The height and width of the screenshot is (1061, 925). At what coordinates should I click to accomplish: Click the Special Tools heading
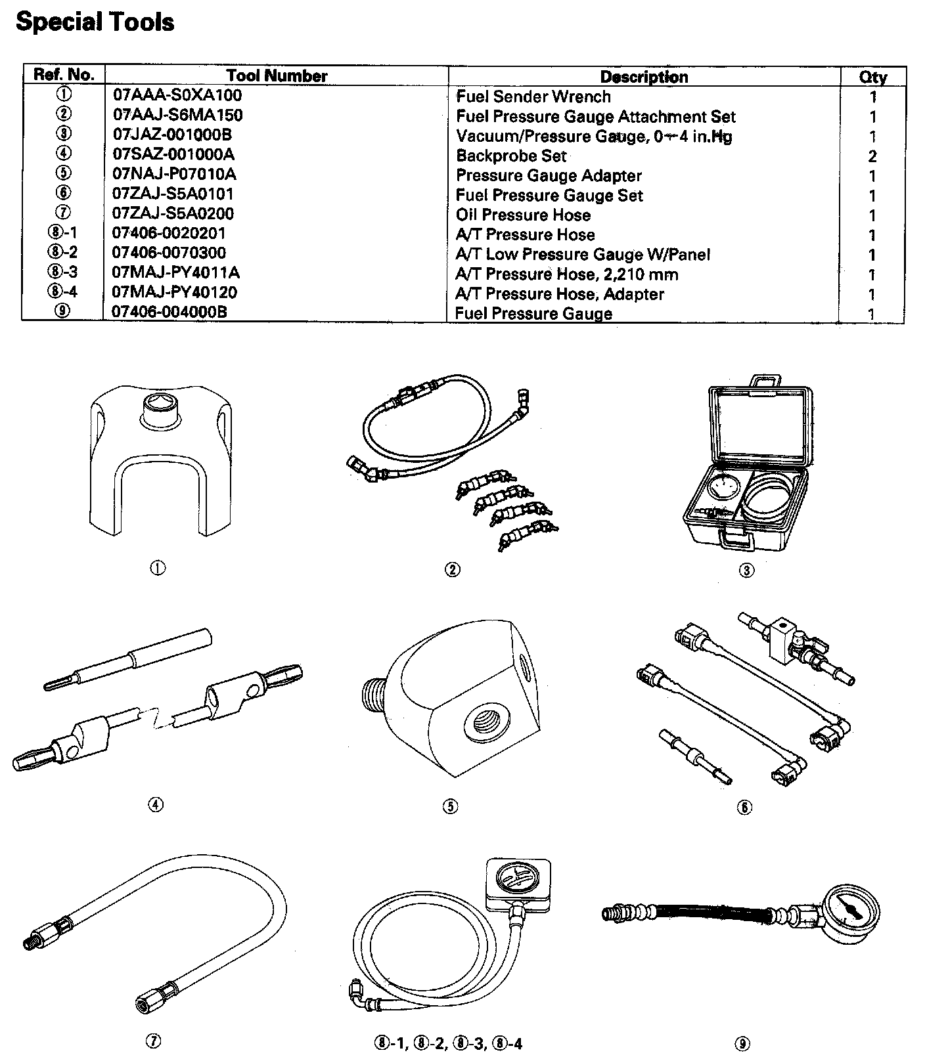[x=95, y=22]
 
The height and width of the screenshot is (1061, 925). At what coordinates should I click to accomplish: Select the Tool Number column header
[x=277, y=76]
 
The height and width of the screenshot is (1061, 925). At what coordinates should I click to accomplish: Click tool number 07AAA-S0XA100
[x=177, y=96]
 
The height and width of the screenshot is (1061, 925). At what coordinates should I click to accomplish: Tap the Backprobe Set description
[x=511, y=156]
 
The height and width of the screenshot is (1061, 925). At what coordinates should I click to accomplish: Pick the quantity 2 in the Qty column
[x=872, y=156]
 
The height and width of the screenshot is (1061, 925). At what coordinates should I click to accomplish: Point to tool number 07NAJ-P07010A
[x=175, y=175]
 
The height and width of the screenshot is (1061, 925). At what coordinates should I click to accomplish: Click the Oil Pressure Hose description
[x=523, y=215]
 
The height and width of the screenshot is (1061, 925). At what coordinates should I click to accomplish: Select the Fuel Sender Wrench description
[x=533, y=97]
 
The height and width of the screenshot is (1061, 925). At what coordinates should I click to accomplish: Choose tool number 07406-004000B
[x=170, y=312]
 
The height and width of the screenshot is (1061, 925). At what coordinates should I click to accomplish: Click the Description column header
[x=644, y=77]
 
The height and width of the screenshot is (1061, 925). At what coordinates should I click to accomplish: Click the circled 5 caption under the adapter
[x=450, y=807]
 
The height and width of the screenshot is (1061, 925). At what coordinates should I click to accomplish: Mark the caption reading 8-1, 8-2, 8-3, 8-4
[x=449, y=1043]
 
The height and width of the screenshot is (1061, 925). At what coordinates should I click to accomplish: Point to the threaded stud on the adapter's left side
[x=374, y=693]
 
